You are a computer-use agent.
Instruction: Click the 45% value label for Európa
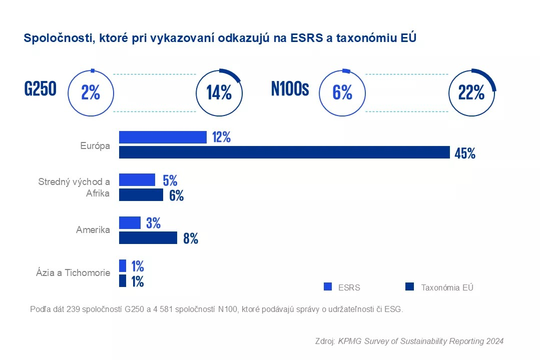[x=464, y=153]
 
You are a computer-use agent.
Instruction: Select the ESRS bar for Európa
[x=163, y=137]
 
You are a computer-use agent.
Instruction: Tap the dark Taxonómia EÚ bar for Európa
[x=284, y=152]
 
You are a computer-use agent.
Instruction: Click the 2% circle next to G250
[x=91, y=92]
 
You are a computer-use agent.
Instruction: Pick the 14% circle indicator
[x=219, y=92]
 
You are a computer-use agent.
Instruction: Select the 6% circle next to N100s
[x=342, y=92]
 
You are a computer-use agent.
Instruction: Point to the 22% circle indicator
[x=471, y=92]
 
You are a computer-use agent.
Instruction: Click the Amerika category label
[x=93, y=230]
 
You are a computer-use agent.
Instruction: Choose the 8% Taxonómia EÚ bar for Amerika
[x=148, y=238]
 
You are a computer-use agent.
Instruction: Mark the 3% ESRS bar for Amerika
[x=130, y=223]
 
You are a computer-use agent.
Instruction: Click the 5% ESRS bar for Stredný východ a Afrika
[x=137, y=180]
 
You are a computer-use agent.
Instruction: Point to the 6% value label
[x=176, y=195]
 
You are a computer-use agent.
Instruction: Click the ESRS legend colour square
[x=328, y=287]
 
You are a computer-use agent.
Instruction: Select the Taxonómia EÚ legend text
[x=447, y=287]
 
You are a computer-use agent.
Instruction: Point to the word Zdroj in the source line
[x=325, y=341]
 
